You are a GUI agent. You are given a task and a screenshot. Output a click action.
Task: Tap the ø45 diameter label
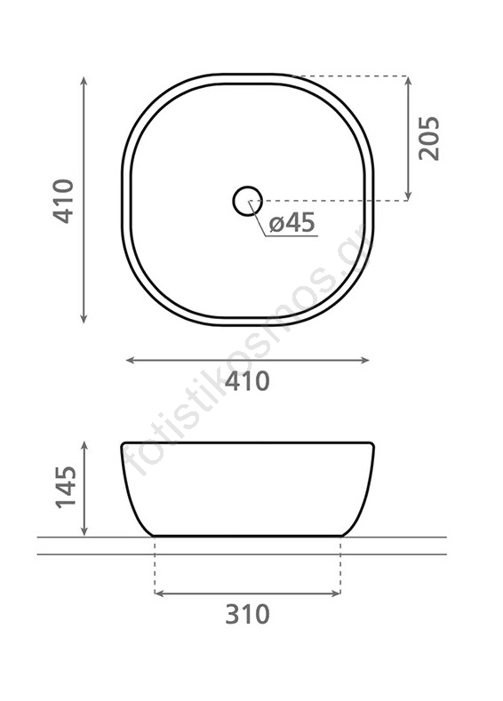(292, 222)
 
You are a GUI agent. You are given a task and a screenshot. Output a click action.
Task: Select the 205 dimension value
(429, 138)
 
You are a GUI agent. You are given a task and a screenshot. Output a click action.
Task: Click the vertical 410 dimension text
(63, 201)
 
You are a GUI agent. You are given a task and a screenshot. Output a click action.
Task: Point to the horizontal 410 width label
(247, 381)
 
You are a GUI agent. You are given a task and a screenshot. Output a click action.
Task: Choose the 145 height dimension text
(66, 487)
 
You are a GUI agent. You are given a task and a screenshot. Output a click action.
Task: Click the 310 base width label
(247, 614)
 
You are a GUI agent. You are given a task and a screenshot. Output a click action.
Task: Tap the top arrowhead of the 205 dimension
(407, 80)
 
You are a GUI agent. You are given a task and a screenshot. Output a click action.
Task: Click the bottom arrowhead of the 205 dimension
(407, 196)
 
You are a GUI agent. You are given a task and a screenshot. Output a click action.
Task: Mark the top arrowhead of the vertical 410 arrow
(84, 82)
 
